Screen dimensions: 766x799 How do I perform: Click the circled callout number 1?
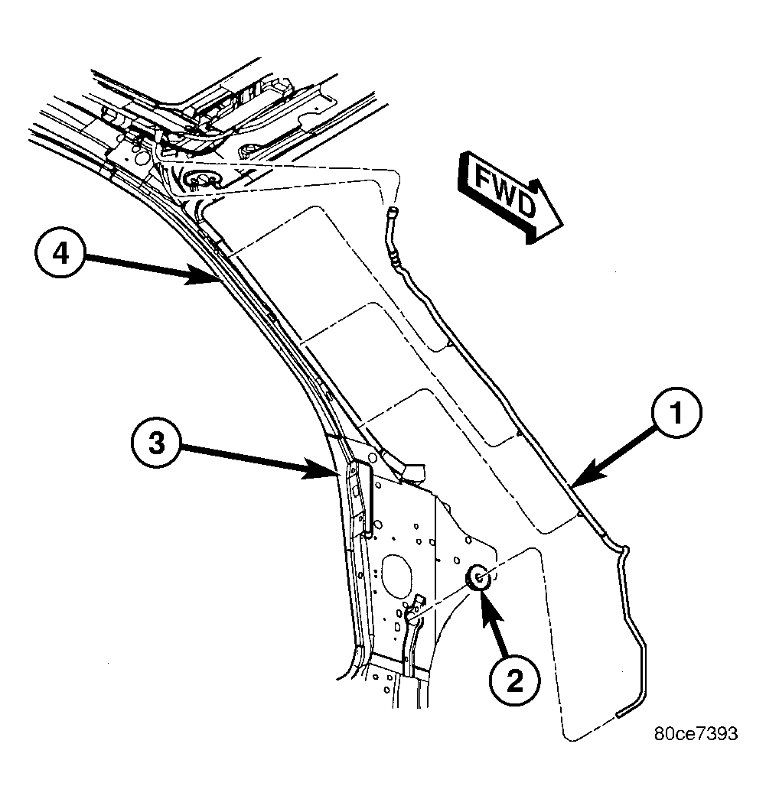click(x=676, y=412)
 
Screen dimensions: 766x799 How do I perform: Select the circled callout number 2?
click(x=514, y=680)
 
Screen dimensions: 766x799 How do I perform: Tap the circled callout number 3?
click(x=157, y=442)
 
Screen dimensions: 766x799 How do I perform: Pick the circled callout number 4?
click(x=60, y=253)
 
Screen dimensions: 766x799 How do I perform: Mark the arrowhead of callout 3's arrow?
click(x=322, y=469)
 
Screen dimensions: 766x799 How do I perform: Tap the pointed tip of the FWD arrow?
click(x=562, y=226)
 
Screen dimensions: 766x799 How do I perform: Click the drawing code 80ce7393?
click(x=696, y=734)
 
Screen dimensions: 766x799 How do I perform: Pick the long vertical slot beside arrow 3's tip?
click(x=369, y=499)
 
